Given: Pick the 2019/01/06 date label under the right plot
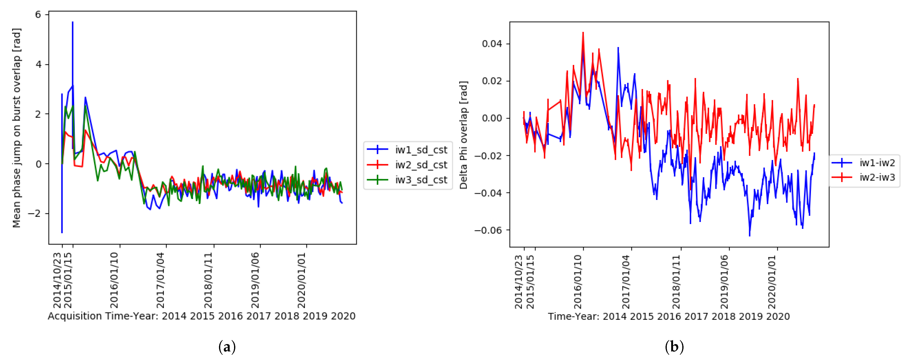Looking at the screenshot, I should tap(724, 282).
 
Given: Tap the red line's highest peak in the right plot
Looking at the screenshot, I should tap(583, 32).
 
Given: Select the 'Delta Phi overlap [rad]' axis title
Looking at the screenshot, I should tap(463, 135).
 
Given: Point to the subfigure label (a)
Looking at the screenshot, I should tap(227, 347).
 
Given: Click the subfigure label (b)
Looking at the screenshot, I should tap(674, 347).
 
